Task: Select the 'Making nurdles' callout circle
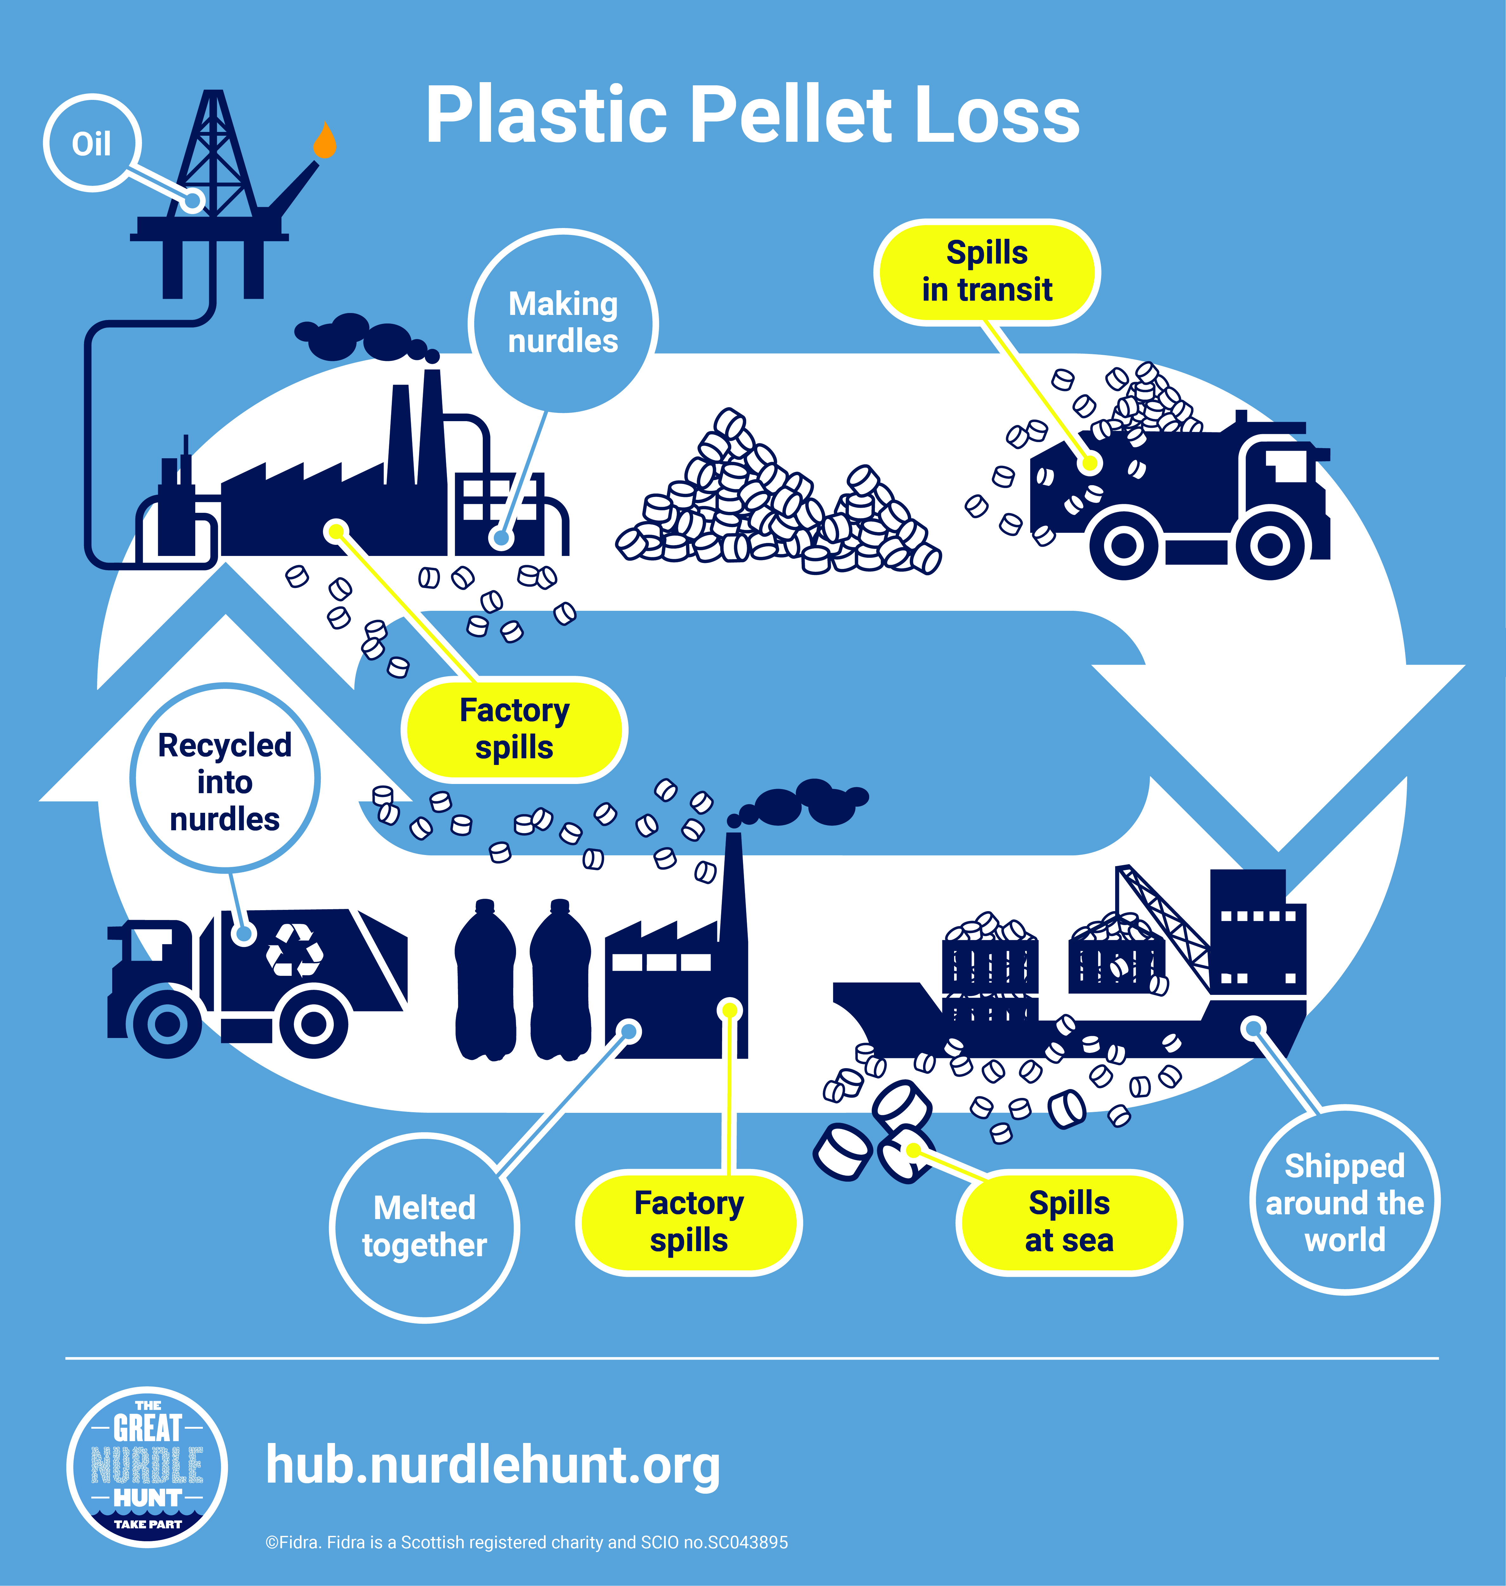[563, 322]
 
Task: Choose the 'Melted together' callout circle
[425, 1226]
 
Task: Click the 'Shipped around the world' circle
[1345, 1202]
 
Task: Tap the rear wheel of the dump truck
[1124, 546]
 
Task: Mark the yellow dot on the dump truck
[1089, 463]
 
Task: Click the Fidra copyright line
[527, 1542]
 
